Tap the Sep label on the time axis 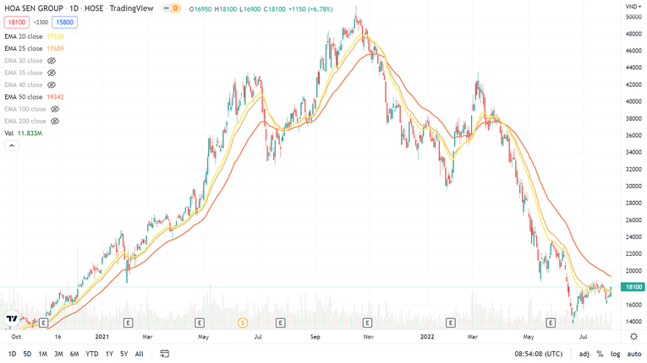[x=315, y=336]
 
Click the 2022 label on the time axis [x=427, y=336]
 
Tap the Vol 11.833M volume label [x=23, y=133]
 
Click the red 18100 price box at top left [x=17, y=23]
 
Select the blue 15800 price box [x=64, y=23]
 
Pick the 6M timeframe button [x=74, y=354]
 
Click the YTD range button [x=91, y=354]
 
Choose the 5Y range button [x=124, y=354]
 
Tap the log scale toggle [x=614, y=354]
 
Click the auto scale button [x=633, y=354]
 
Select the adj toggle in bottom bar [x=584, y=354]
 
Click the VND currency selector [x=633, y=7]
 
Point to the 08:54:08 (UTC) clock [x=538, y=354]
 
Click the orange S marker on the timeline [x=243, y=323]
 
